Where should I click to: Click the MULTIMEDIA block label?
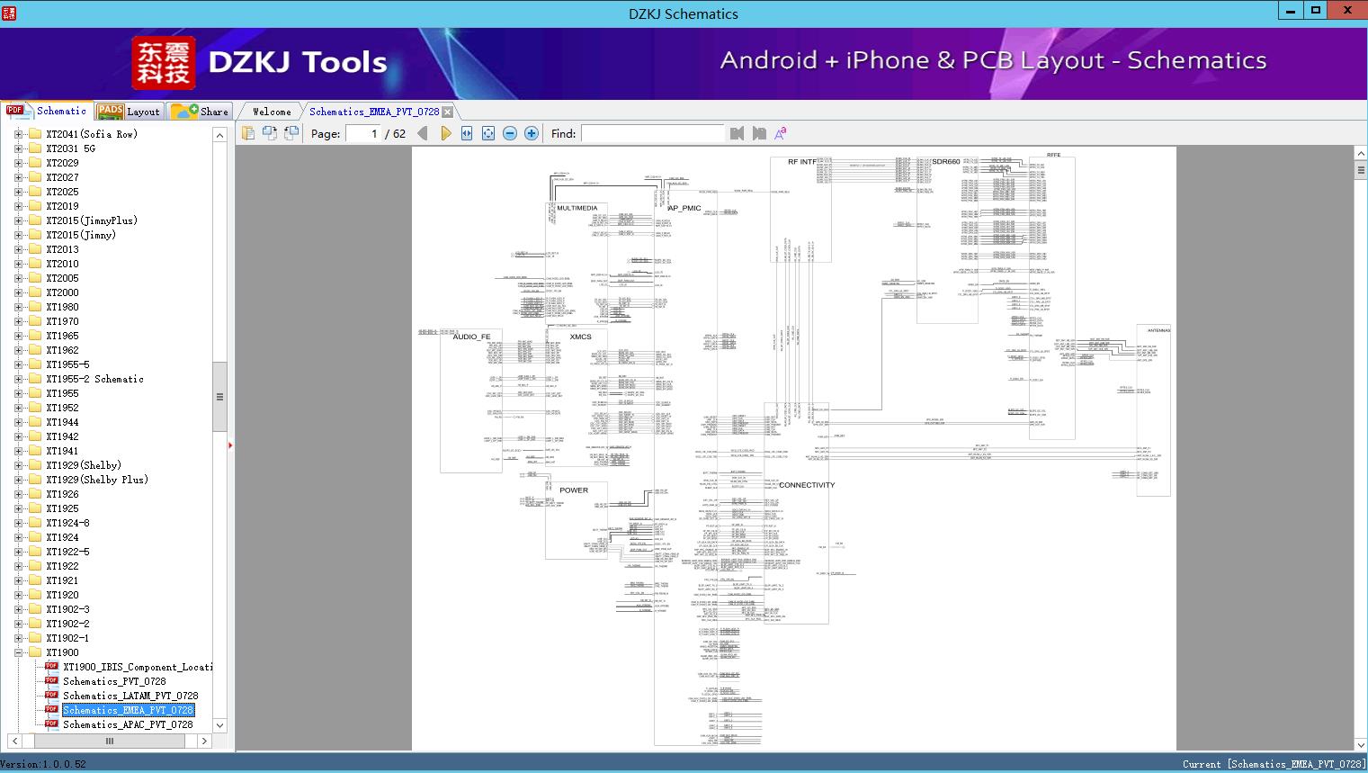pos(577,208)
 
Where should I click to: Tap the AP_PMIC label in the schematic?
pos(684,208)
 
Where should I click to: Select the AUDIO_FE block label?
pos(471,337)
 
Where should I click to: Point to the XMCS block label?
pos(581,337)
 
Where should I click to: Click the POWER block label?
pos(574,490)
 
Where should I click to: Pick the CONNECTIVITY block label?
pos(807,485)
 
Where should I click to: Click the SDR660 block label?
pos(945,162)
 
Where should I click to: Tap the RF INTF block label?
pos(802,162)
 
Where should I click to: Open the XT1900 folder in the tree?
pos(62,652)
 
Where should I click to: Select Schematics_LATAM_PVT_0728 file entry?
pos(130,696)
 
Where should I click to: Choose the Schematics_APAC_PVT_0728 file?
pos(128,724)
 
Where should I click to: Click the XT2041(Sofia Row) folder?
pos(91,134)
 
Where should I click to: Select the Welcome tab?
pos(272,112)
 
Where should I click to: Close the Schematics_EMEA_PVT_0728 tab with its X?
pos(447,112)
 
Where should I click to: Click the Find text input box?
pos(652,133)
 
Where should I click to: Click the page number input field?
pos(363,133)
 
